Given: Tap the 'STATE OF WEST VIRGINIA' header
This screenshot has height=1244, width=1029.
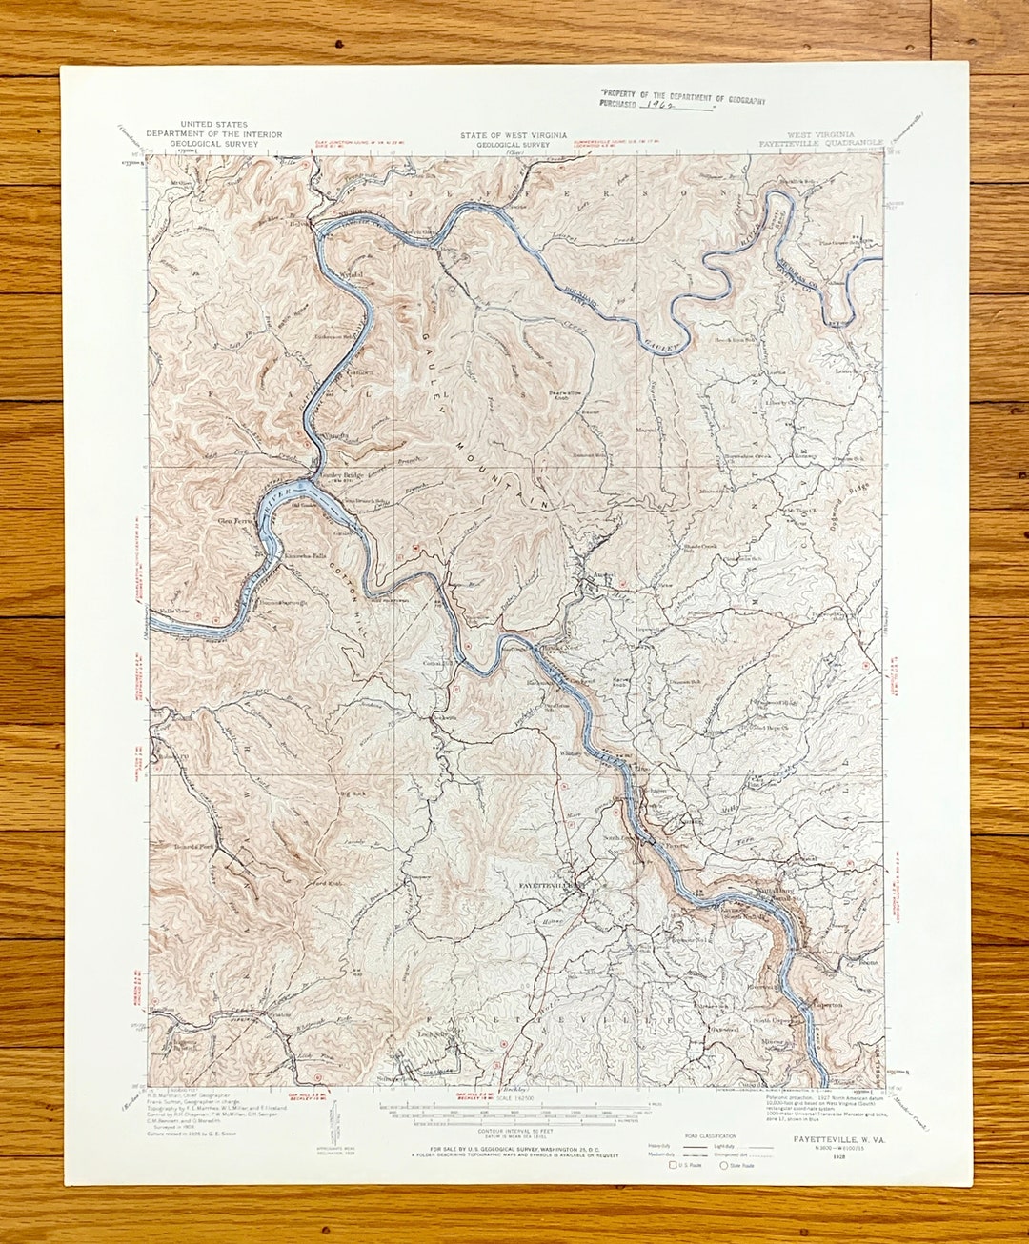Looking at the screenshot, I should pyautogui.click(x=513, y=135).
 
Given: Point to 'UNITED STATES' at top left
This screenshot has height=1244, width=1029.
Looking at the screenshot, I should pyautogui.click(x=213, y=125).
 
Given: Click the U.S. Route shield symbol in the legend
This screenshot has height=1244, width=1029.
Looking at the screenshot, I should pyautogui.click(x=673, y=1165).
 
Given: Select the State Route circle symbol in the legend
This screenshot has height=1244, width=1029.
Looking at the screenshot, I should pyautogui.click(x=723, y=1165).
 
